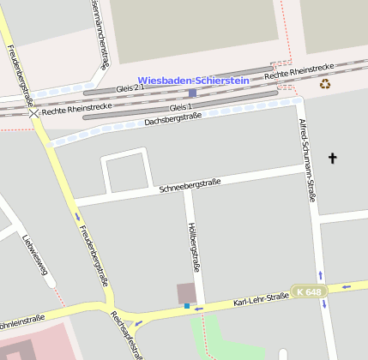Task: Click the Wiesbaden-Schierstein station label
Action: [x=193, y=80]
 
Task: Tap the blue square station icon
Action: [x=192, y=93]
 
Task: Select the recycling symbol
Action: [x=325, y=83]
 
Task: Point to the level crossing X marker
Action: [x=33, y=112]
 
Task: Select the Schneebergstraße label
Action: [x=190, y=183]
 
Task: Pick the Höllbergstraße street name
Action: [x=193, y=248]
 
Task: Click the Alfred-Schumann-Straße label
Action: [x=305, y=159]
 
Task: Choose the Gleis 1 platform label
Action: [x=181, y=107]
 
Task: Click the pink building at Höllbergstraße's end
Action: [x=186, y=293]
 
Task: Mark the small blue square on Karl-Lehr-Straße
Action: [x=187, y=305]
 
